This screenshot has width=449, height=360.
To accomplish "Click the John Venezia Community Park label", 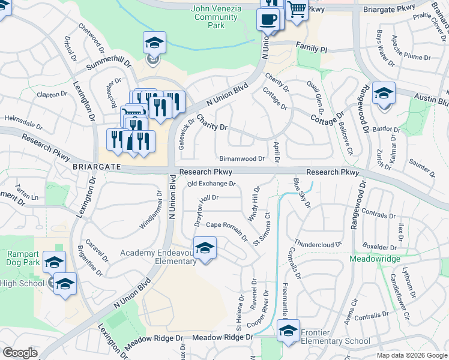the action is [x=217, y=17].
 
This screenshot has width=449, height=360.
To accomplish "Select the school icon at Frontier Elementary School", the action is [x=288, y=331].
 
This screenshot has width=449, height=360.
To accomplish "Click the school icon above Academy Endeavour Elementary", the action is [x=205, y=248].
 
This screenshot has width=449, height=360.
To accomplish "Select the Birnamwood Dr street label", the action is [x=242, y=159].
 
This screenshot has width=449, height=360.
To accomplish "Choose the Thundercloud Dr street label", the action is [x=318, y=245].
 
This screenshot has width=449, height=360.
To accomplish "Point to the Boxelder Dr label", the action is [x=379, y=247].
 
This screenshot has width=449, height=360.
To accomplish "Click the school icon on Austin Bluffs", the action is [x=384, y=93].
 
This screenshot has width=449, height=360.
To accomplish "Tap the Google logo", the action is [x=20, y=353].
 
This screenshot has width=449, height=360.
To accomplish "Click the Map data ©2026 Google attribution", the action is [x=411, y=355].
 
